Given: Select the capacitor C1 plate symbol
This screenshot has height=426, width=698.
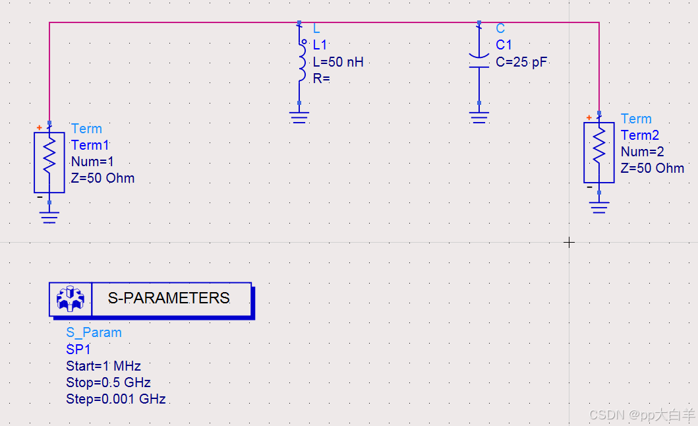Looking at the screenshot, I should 479,60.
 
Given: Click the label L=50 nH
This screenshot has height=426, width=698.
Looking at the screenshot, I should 338,63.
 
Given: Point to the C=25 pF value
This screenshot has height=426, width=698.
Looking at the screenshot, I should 521,63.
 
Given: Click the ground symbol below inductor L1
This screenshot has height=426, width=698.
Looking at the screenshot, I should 299,117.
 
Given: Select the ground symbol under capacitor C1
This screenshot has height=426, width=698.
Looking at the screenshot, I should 479,117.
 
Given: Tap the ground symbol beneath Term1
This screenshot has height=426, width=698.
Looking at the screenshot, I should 49,216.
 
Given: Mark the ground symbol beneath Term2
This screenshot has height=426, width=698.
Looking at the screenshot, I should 598,207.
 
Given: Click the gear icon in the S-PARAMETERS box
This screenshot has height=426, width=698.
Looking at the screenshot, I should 71,299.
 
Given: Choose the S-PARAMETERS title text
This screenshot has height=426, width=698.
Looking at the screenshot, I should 169,299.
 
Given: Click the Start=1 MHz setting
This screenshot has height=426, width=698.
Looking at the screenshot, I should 103,366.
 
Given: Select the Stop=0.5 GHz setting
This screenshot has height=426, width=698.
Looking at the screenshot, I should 108,382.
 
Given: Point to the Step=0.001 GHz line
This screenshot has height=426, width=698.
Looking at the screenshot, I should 116,399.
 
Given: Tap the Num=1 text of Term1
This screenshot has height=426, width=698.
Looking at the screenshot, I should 92,162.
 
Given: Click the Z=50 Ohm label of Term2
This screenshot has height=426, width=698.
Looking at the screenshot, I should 653,168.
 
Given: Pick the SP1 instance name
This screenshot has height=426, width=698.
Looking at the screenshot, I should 78,350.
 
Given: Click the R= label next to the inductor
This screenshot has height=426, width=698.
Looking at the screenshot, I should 322,78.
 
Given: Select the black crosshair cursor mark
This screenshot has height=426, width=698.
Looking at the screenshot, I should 569,243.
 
